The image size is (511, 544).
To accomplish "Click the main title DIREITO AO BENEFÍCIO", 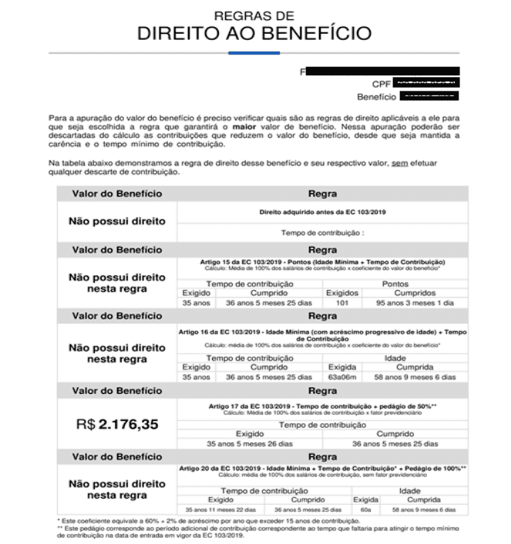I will click(x=254, y=33).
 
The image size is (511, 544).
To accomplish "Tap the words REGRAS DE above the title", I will click(x=254, y=15).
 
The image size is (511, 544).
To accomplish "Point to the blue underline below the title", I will click(x=254, y=52).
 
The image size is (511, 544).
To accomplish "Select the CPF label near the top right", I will click(x=382, y=83).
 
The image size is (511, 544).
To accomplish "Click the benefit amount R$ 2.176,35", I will click(x=117, y=423).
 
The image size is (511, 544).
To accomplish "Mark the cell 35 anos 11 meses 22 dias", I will click(x=220, y=509).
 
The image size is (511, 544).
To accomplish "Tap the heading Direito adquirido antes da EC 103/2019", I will click(x=321, y=210).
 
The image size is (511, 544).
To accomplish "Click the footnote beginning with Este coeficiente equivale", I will click(x=208, y=522).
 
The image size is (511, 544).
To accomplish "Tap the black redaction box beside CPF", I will click(x=426, y=82).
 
